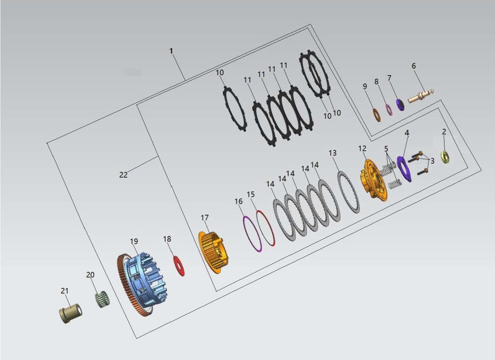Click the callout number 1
[171, 51]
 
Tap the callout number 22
[123, 175]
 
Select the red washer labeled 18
[179, 266]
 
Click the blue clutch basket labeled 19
[143, 283]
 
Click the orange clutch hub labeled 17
[214, 252]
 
